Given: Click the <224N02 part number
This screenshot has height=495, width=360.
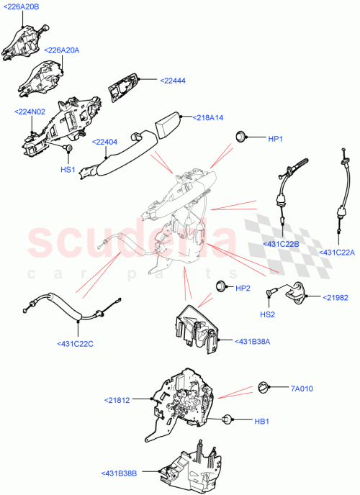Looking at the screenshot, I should point(30,112).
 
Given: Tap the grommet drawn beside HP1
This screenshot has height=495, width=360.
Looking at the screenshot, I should point(243,136).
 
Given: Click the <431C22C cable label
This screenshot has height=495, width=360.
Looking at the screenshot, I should point(75,344).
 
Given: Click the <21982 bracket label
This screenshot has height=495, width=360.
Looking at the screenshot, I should point(334,297).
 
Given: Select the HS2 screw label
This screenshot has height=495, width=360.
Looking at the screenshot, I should point(267,314).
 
